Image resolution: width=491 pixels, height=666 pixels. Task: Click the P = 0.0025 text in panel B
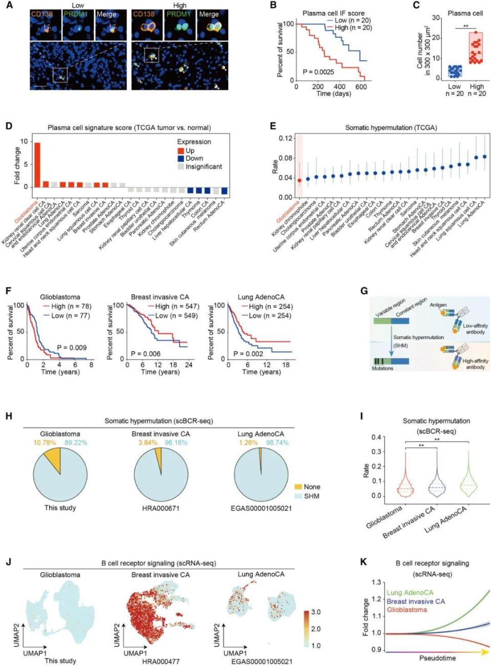pos(318,72)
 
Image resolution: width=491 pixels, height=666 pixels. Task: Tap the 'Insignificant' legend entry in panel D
pos(204,167)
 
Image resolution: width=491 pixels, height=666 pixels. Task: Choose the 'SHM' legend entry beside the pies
pos(311,496)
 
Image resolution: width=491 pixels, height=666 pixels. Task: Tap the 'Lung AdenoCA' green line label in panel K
pos(410,593)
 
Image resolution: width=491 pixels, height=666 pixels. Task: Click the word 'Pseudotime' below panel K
pos(437,658)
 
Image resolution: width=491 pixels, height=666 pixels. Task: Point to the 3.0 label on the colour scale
pos(316,612)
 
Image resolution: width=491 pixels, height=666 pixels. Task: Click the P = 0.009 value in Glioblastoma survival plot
pos(72,348)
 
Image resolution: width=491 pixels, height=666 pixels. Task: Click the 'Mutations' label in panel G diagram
pos(383,368)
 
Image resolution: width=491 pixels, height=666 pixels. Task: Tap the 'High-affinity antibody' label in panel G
pos(475,364)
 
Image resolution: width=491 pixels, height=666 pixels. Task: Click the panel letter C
pos(416,5)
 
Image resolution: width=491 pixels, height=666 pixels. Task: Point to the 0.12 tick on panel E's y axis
pos(285,139)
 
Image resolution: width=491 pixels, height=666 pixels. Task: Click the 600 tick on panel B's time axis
pos(361,87)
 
